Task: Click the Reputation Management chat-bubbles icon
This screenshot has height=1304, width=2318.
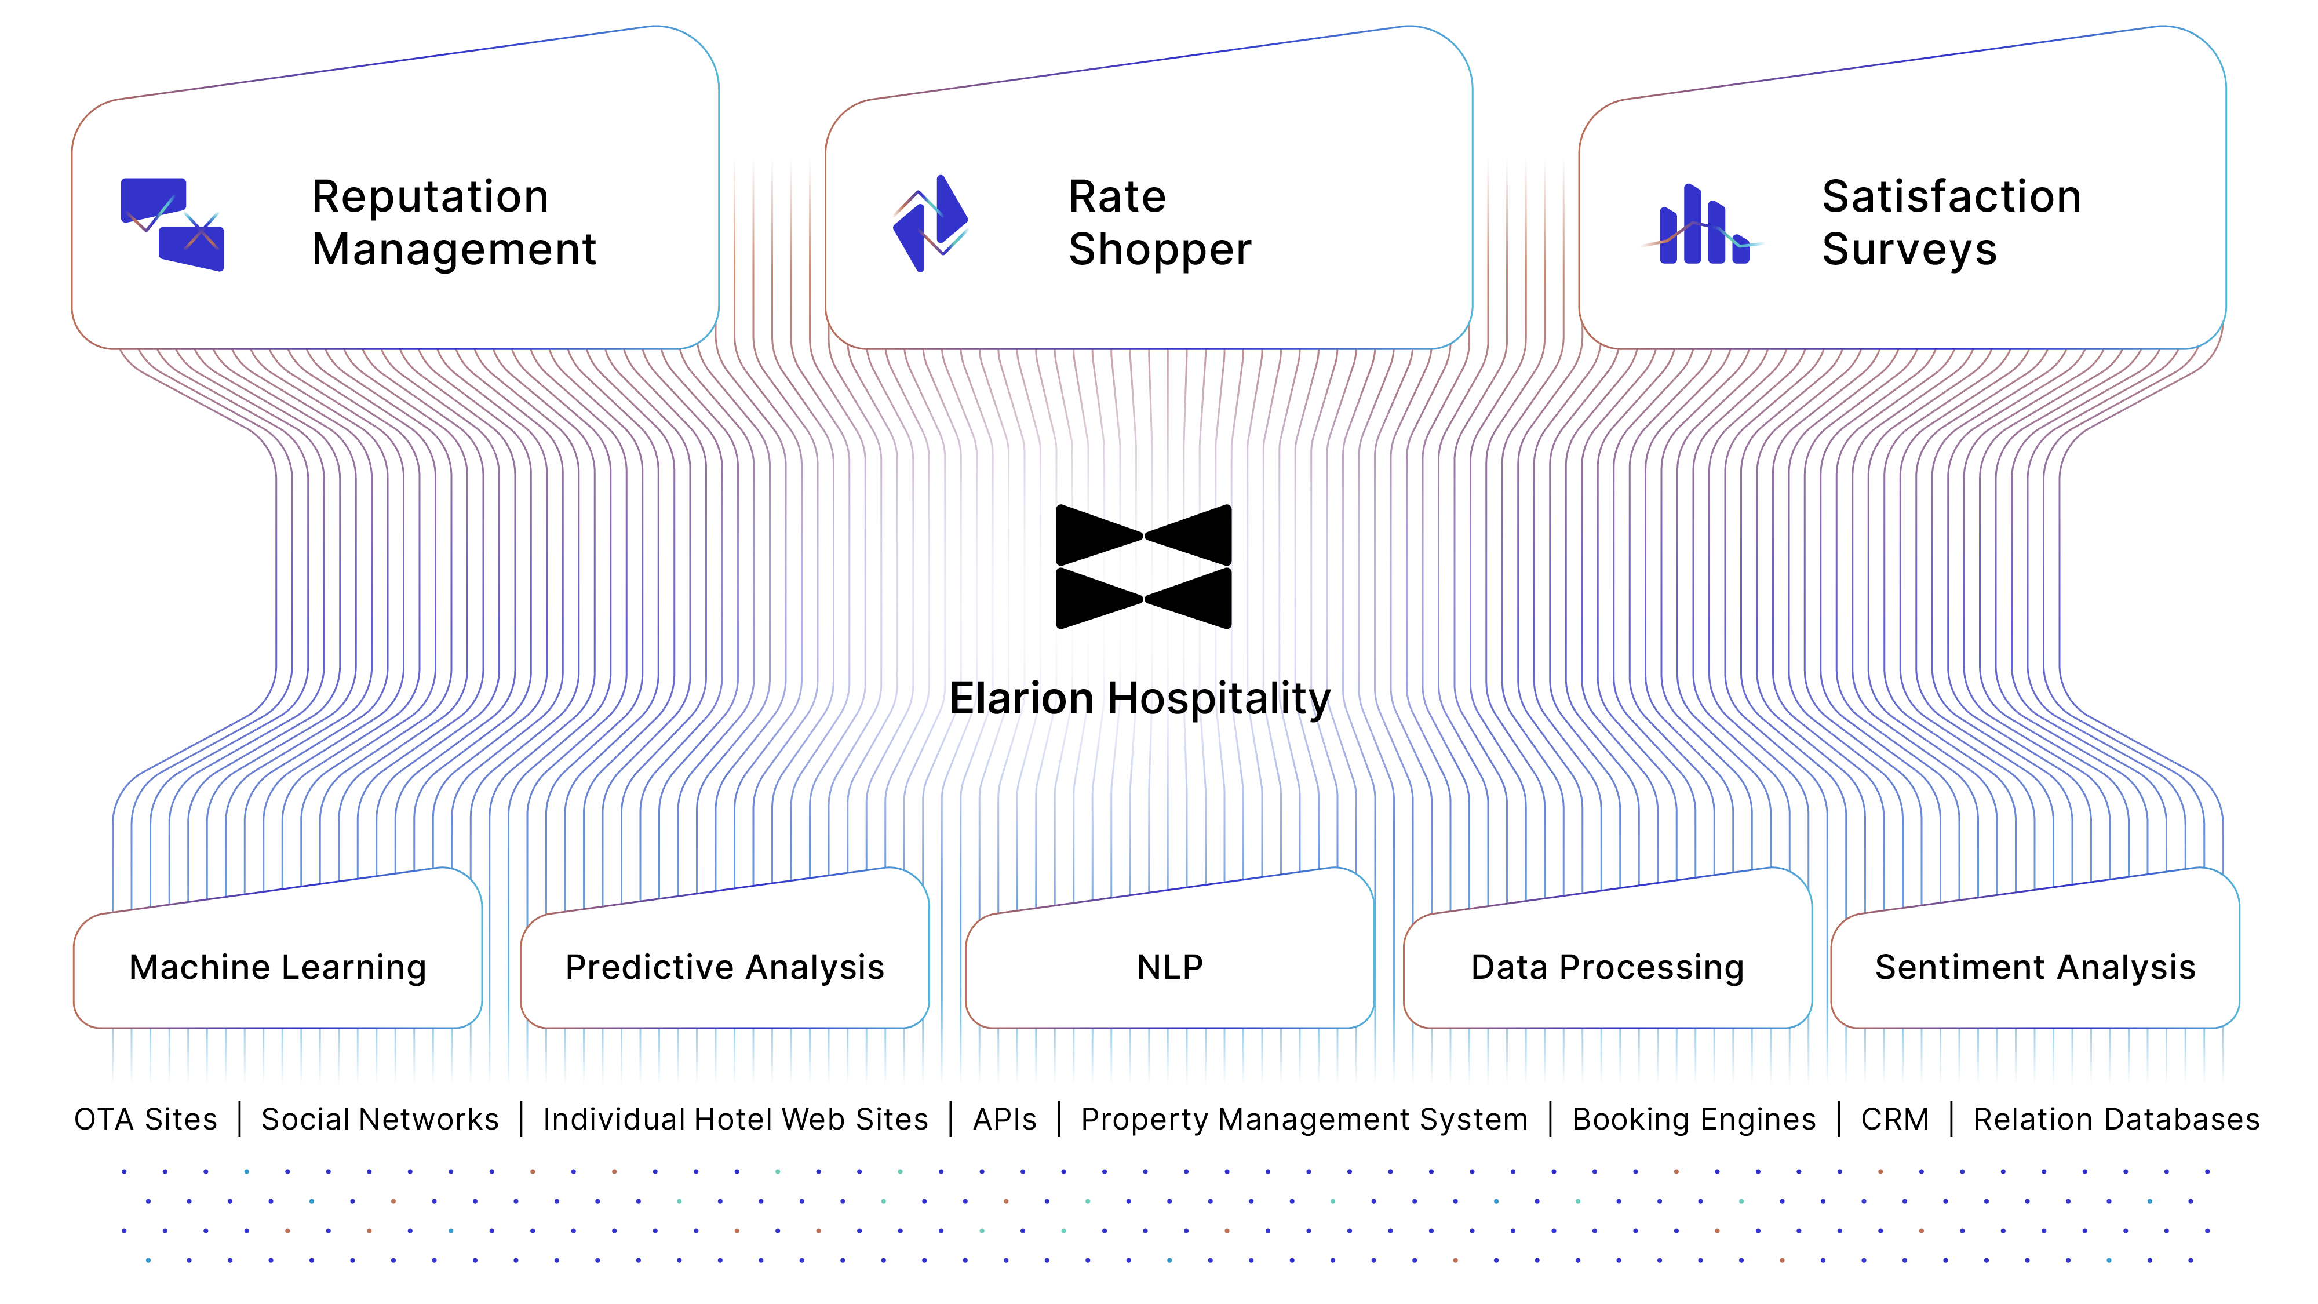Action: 173,224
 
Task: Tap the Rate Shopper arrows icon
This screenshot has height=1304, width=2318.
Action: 931,223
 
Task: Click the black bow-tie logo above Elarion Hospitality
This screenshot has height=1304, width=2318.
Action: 1144,566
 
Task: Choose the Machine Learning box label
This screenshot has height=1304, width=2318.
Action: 278,967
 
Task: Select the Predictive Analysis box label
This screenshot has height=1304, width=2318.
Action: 724,967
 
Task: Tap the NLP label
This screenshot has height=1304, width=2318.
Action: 1170,967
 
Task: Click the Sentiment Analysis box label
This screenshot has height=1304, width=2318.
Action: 2035,967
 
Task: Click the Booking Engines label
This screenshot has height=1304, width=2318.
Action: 1694,1120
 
